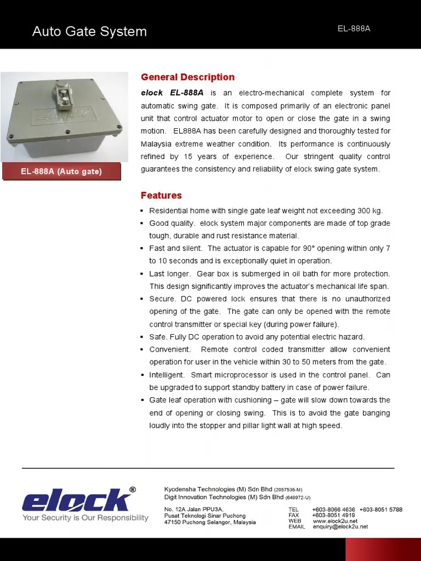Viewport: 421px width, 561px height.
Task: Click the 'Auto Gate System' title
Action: point(89,32)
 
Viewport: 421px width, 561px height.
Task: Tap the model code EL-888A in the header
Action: point(354,28)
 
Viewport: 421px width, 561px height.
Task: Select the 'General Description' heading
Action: point(187,77)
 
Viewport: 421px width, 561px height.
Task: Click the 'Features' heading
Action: point(161,196)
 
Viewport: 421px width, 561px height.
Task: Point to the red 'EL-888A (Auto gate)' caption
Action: point(61,171)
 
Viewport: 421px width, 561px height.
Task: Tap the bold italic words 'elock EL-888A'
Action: point(172,93)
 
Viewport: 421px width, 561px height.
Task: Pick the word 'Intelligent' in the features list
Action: point(167,375)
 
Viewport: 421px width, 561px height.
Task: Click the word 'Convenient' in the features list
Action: point(169,350)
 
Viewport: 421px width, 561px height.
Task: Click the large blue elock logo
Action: point(76,500)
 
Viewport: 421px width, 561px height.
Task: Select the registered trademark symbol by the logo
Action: point(132,489)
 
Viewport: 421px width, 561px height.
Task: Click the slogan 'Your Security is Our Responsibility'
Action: point(85,518)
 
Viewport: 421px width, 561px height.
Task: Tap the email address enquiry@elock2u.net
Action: point(340,527)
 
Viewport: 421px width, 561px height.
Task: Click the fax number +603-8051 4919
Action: point(333,515)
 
